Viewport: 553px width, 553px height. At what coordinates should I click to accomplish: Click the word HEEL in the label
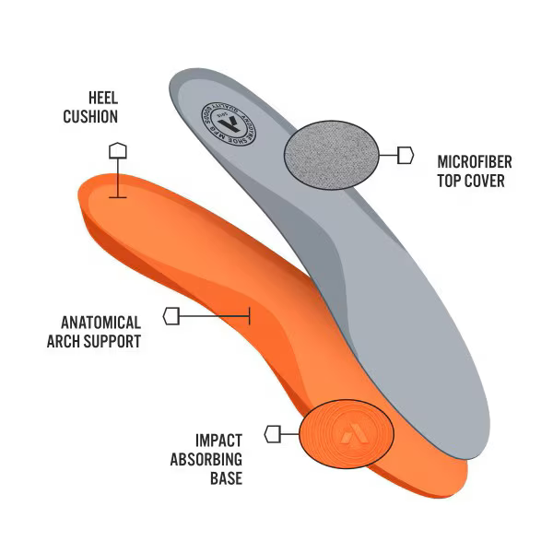tap(102, 97)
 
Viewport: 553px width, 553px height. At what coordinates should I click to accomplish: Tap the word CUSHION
tap(89, 116)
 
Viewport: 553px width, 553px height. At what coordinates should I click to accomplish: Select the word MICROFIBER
tap(475, 162)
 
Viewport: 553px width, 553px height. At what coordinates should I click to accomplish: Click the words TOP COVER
tap(471, 182)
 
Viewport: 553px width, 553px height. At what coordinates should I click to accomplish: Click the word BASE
tap(226, 478)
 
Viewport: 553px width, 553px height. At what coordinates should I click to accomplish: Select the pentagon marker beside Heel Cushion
tap(118, 150)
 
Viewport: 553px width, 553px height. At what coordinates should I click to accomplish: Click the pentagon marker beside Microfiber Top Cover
tap(406, 155)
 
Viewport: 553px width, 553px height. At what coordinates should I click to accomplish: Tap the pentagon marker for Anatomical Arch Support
tap(171, 316)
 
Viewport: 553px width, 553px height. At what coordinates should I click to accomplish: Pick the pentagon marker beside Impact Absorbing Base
tap(273, 433)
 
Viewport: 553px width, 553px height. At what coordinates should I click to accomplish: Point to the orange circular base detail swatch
tap(347, 433)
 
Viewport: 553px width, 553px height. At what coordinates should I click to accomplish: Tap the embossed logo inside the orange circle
tap(347, 432)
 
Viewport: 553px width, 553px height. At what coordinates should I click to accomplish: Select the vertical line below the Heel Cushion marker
tap(118, 178)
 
